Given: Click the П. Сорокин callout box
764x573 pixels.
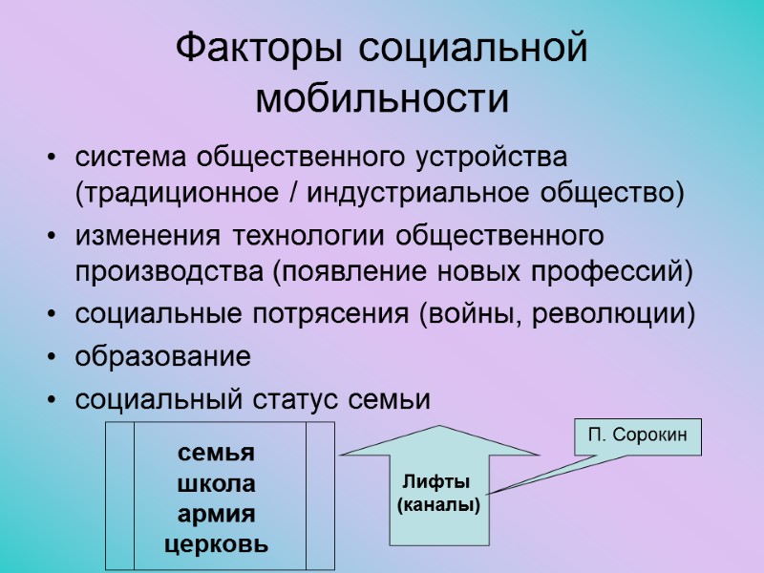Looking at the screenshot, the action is (x=637, y=437).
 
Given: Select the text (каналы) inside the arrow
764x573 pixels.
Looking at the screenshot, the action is (x=437, y=505).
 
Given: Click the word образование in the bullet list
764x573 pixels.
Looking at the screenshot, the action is (x=163, y=357).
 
